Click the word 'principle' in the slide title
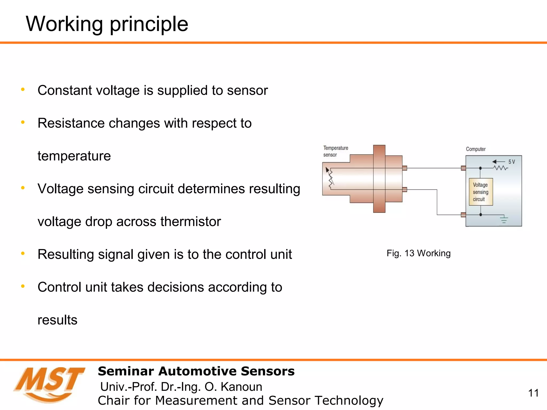pyautogui.click(x=149, y=25)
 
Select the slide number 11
pyautogui.click(x=533, y=393)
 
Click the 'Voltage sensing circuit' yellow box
pyautogui.click(x=480, y=192)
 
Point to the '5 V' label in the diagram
pyautogui.click(x=511, y=162)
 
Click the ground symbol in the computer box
pyautogui.click(x=504, y=219)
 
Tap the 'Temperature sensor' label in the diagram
pyautogui.click(x=335, y=151)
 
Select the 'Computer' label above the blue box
pyautogui.click(x=475, y=149)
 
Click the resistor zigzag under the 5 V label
pyautogui.click(x=500, y=168)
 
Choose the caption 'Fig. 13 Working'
pyautogui.click(x=418, y=253)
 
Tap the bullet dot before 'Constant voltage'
pyautogui.click(x=23, y=89)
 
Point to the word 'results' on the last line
pyautogui.click(x=57, y=320)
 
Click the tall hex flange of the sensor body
pyautogui.click(x=379, y=179)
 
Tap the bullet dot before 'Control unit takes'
pyautogui.click(x=23, y=286)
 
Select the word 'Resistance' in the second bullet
pyautogui.click(x=71, y=123)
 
